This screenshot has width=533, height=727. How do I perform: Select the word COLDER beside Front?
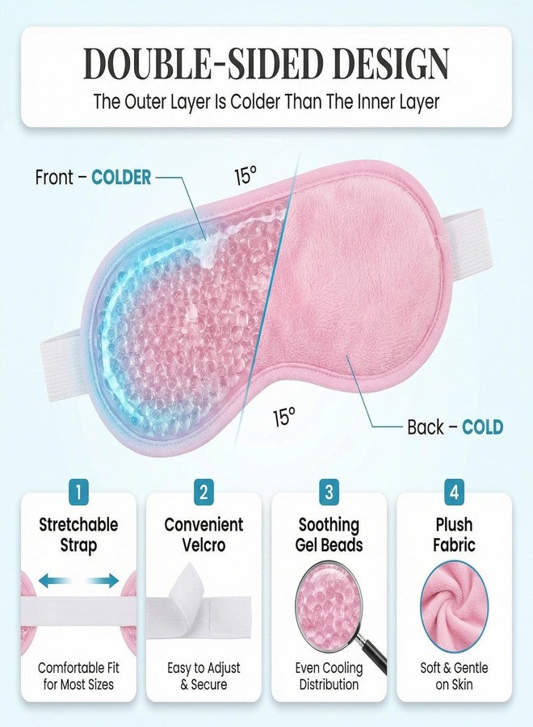tap(121, 177)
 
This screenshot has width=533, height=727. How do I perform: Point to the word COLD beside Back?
tap(482, 427)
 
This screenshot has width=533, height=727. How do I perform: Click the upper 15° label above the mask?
tap(246, 175)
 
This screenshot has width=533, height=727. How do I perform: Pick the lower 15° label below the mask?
tap(283, 416)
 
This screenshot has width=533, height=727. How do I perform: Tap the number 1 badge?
tap(78, 492)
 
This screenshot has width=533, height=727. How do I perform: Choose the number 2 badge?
tap(204, 492)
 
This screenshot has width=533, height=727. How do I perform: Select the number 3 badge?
tap(329, 492)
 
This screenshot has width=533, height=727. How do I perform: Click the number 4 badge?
tap(454, 492)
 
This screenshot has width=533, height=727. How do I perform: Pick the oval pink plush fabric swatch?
tap(454, 607)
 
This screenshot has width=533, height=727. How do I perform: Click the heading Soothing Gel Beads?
tap(329, 535)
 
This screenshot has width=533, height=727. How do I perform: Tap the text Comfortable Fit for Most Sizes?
tap(78, 676)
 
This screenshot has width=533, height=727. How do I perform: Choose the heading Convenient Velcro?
tap(204, 535)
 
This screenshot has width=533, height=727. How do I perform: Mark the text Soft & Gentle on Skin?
tap(454, 676)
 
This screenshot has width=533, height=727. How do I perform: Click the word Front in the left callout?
tap(54, 177)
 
